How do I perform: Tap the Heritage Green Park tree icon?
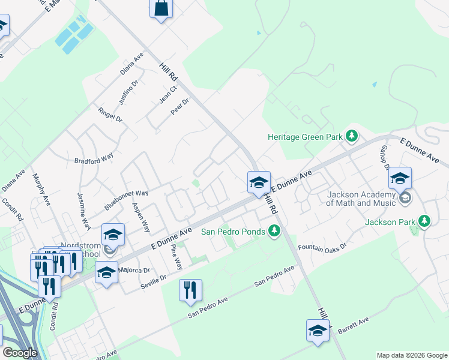click(352, 137)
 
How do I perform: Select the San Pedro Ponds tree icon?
click(274, 230)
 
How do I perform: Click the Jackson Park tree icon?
click(425, 221)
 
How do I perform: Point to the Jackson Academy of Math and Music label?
click(361, 199)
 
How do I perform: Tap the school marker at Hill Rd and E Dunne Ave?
click(259, 182)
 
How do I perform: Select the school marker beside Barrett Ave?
click(318, 330)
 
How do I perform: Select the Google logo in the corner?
click(20, 353)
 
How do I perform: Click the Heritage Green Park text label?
click(305, 137)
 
